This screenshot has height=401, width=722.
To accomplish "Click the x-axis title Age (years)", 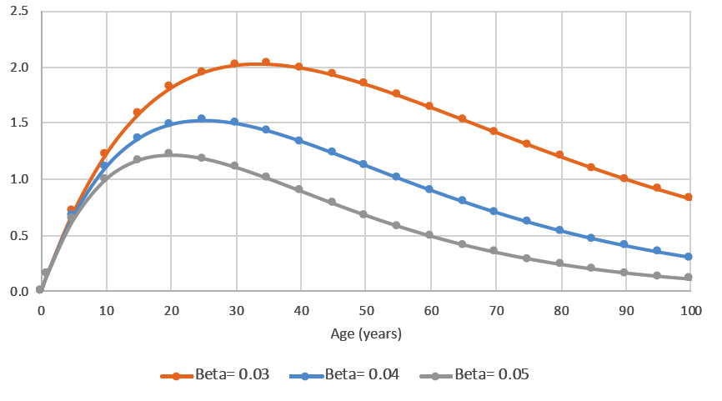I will click(365, 335).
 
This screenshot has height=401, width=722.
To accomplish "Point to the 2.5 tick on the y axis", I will click(18, 11).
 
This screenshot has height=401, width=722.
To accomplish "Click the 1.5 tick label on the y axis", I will click(18, 123).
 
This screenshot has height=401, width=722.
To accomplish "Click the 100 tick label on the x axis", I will click(690, 310).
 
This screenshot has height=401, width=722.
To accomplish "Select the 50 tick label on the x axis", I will click(365, 310).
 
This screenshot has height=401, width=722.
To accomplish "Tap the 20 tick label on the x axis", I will click(170, 310).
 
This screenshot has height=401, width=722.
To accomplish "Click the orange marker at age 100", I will click(689, 198).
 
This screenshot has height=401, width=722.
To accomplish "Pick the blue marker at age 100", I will click(689, 257).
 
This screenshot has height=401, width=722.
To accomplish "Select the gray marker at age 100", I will click(689, 278).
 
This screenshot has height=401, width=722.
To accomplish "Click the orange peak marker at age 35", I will click(266, 63).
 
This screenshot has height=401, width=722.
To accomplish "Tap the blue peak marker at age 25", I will click(201, 118).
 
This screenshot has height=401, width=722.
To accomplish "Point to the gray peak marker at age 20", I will click(168, 153).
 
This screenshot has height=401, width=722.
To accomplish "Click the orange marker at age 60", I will click(429, 106).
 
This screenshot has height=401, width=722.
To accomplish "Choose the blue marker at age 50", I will click(364, 164).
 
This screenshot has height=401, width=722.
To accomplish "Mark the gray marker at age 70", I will click(494, 251).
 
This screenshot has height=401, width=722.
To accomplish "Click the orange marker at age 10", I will click(104, 153).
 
